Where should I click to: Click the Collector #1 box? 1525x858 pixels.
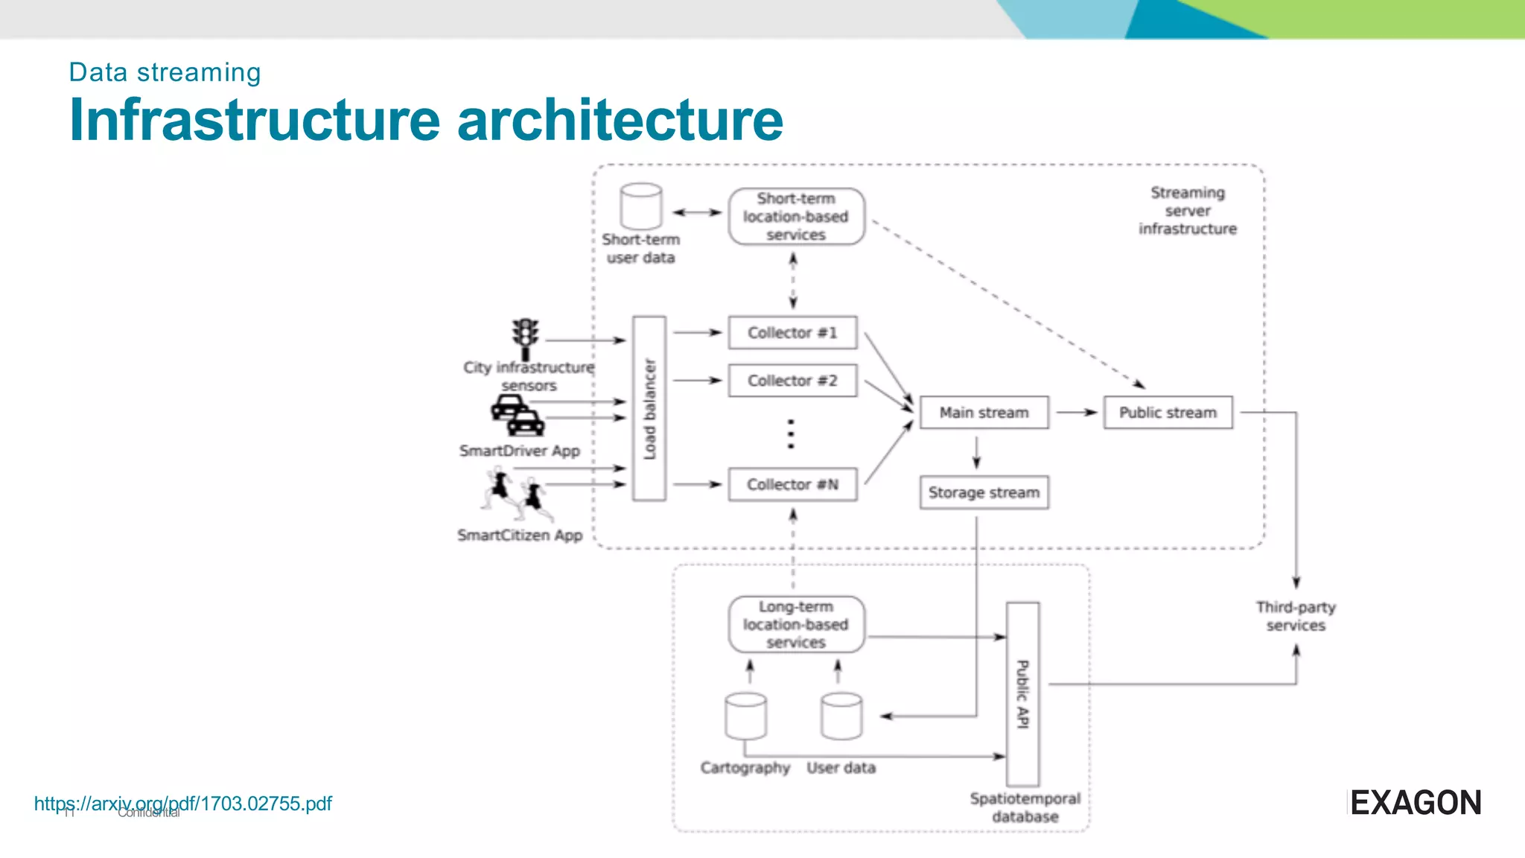coord(792,333)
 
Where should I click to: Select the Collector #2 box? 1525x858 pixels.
coord(792,381)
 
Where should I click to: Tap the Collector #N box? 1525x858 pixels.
coord(792,485)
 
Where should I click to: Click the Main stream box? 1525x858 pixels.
coord(984,413)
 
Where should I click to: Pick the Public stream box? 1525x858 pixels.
coord(1168,413)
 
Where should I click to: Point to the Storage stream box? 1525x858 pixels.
coord(984,492)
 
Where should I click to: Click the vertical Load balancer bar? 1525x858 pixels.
coord(649,408)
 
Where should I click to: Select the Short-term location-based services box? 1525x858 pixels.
coord(796,217)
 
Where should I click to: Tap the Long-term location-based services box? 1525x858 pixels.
coord(796,624)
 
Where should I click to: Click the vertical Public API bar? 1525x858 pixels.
coord(1023,694)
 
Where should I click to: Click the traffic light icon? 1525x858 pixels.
coord(526,338)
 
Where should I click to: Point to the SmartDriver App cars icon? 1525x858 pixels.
coord(518,415)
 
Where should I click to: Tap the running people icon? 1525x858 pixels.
coord(518,495)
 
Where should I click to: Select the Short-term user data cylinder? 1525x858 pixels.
coord(641,206)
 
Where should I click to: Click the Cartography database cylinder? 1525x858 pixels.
coord(745,716)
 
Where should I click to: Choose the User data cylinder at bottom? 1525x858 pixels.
coord(841,716)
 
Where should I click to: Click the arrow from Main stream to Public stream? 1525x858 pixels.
coord(1077,412)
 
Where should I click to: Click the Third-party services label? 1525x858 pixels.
coord(1296,617)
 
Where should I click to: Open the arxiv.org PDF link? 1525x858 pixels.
coord(183,804)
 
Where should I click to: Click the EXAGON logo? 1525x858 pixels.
coord(1415,803)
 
